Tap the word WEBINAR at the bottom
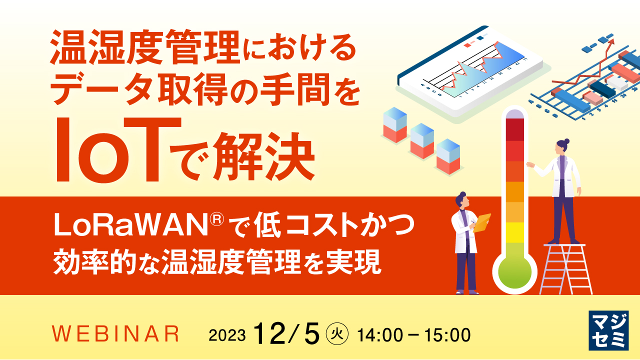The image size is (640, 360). pyautogui.click(x=115, y=334)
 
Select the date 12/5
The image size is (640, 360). pyautogui.click(x=286, y=333)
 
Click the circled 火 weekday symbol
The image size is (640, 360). pyautogui.click(x=335, y=334)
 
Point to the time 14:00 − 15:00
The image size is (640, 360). pyautogui.click(x=413, y=334)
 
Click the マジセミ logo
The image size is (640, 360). pyautogui.click(x=608, y=330)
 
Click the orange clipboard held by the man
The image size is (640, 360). pyautogui.click(x=482, y=222)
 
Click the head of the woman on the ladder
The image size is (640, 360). pyautogui.click(x=562, y=146)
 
